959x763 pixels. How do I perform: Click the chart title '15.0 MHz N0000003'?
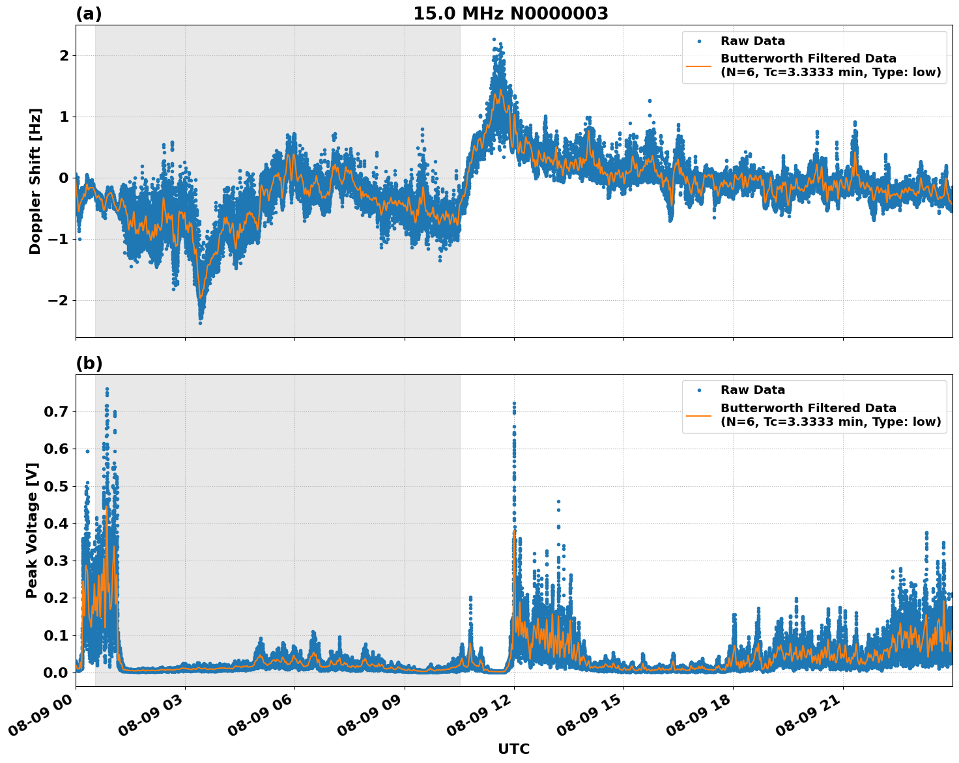(x=510, y=14)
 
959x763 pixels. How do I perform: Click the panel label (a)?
(x=89, y=14)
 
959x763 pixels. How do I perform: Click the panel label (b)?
(x=89, y=363)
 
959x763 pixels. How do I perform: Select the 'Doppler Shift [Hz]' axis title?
(x=35, y=181)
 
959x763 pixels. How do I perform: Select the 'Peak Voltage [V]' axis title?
(x=32, y=530)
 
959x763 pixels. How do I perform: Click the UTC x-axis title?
(x=513, y=749)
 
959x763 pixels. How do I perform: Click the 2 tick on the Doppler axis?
(x=64, y=55)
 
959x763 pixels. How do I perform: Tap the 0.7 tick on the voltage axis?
(x=56, y=411)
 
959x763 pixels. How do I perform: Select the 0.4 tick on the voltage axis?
(x=56, y=523)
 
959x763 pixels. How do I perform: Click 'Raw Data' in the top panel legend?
(x=752, y=41)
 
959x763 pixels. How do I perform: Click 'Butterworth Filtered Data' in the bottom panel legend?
(x=808, y=408)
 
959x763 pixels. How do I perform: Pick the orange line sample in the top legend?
(x=699, y=65)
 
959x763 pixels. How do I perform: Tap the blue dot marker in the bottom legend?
(x=699, y=390)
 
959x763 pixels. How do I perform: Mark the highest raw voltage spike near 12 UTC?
(x=514, y=404)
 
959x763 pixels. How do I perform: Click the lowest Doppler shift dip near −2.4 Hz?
(x=200, y=322)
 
